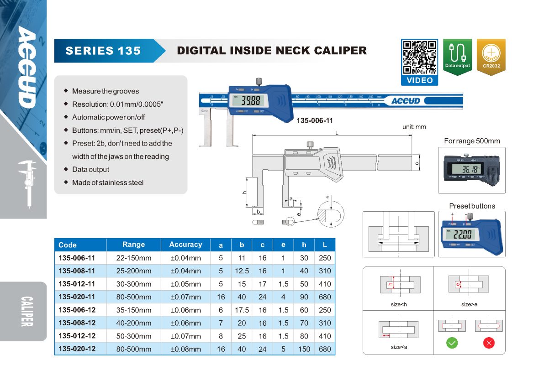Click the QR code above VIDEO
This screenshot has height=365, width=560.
[419, 57]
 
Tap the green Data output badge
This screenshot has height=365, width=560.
[457, 56]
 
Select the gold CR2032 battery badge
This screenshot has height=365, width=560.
[491, 56]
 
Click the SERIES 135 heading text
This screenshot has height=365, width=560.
[103, 51]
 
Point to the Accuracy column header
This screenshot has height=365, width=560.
[185, 245]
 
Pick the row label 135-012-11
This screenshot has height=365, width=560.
[77, 284]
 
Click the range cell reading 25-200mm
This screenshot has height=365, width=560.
[133, 271]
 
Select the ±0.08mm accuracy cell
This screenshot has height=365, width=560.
[185, 349]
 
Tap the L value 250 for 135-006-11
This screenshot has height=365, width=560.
[324, 258]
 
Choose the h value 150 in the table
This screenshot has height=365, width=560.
[304, 349]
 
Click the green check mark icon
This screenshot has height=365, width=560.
[452, 343]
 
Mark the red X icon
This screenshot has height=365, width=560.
[489, 343]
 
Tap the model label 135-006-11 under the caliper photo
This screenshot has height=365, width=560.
[315, 121]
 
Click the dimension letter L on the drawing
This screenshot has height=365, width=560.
[336, 133]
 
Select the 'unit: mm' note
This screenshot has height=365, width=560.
[414, 126]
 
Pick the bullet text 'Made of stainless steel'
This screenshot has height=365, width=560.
[108, 182]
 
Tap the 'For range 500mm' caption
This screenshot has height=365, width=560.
[472, 141]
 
